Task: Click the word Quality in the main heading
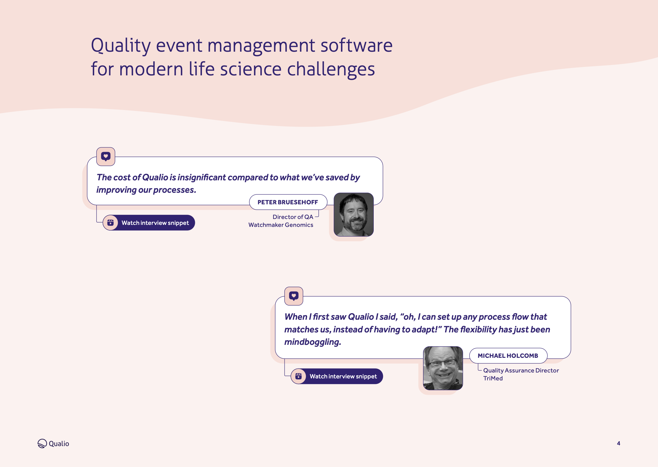click(x=120, y=46)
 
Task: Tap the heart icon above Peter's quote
click(x=106, y=156)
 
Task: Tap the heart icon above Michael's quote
click(x=294, y=296)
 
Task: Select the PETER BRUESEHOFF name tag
click(x=288, y=202)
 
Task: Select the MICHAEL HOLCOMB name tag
click(x=508, y=356)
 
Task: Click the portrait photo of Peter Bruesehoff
click(x=353, y=214)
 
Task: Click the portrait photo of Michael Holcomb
click(x=443, y=368)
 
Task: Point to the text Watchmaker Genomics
click(x=281, y=225)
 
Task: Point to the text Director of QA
click(x=292, y=217)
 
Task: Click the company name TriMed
click(x=493, y=378)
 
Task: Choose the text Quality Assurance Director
click(x=521, y=371)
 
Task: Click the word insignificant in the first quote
click(x=202, y=177)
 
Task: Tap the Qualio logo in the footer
click(x=53, y=443)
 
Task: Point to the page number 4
click(x=618, y=443)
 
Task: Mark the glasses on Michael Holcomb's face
click(x=443, y=364)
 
